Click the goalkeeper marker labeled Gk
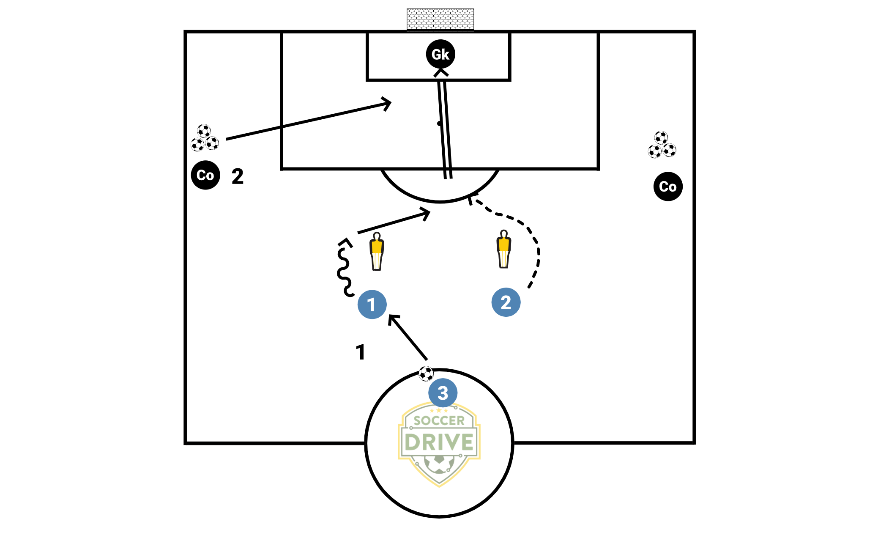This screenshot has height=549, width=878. pyautogui.click(x=440, y=54)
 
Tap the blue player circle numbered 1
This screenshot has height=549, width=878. pyautogui.click(x=372, y=305)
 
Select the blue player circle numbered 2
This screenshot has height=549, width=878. pyautogui.click(x=506, y=302)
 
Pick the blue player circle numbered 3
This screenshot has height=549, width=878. pyautogui.click(x=443, y=393)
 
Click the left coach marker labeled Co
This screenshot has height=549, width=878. pyautogui.click(x=205, y=175)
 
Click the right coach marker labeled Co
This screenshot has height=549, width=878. pyautogui.click(x=668, y=187)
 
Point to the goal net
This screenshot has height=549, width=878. pyautogui.click(x=440, y=19)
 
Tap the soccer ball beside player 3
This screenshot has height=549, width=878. pyautogui.click(x=426, y=374)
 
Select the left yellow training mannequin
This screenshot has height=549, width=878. pyautogui.click(x=377, y=251)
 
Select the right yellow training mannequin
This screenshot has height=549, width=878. pyautogui.click(x=503, y=250)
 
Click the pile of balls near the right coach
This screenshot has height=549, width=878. pyautogui.click(x=662, y=145)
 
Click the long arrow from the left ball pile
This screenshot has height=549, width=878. pyautogui.click(x=304, y=121)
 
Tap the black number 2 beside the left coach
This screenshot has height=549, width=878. pyautogui.click(x=238, y=176)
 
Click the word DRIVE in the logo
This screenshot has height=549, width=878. pyautogui.click(x=439, y=442)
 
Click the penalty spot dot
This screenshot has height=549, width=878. pyautogui.click(x=439, y=124)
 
